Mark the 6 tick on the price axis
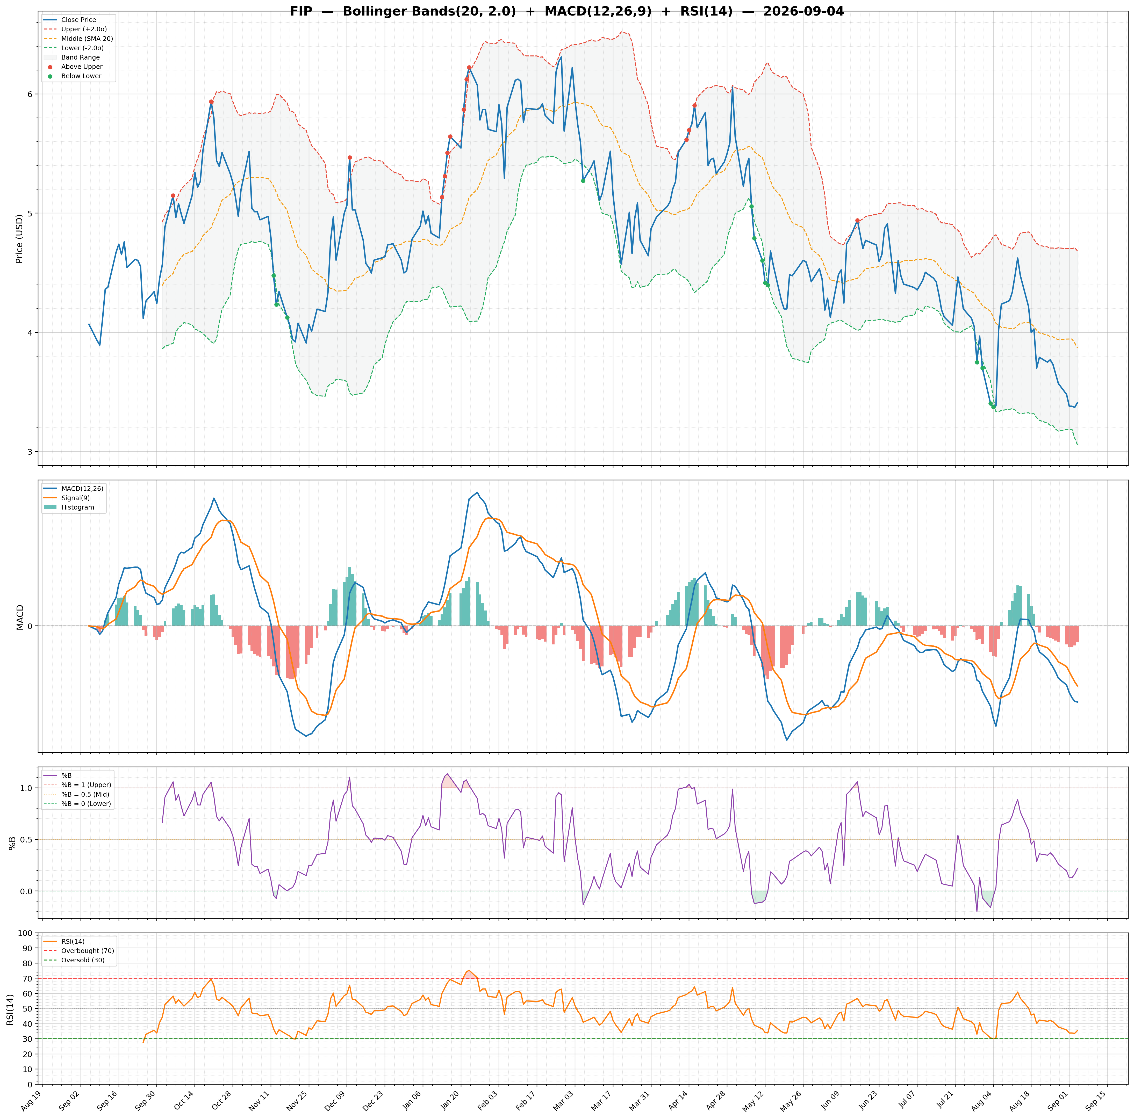[32, 95]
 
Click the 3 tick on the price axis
[32, 452]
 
